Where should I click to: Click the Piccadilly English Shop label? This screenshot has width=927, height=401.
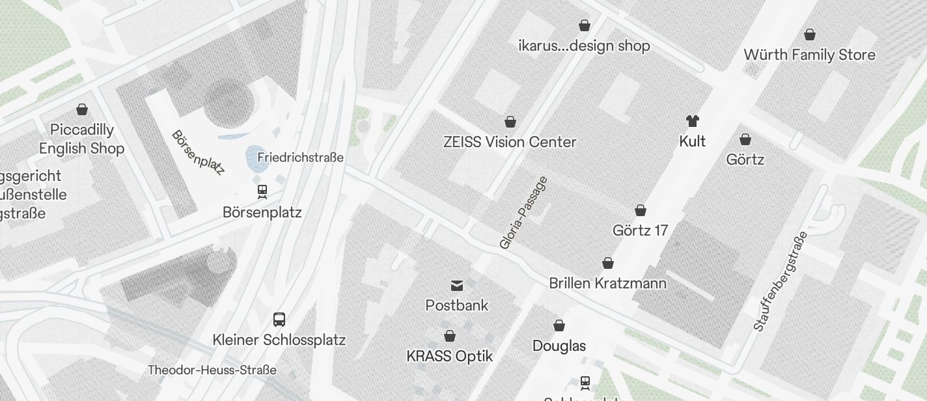[x=81, y=139]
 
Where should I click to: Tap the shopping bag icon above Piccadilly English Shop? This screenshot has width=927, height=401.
[x=82, y=109]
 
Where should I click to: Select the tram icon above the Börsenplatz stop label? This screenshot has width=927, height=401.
[x=262, y=191]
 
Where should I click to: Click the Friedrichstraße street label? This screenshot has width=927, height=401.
[x=300, y=158]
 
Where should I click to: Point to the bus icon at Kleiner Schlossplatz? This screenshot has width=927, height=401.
[x=279, y=320]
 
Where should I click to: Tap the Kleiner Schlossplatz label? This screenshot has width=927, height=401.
[x=279, y=340]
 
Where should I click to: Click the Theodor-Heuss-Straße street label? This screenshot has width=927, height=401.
[x=212, y=370]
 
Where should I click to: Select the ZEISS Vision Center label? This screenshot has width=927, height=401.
[x=510, y=142]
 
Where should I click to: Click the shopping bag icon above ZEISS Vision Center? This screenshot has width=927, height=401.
[x=510, y=122]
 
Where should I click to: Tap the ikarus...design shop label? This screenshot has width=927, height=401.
[x=584, y=46]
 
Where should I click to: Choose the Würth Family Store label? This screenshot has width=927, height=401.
[x=809, y=55]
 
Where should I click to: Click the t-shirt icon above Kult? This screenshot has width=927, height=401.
[x=692, y=121]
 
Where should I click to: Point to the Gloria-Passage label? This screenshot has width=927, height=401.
[x=523, y=213]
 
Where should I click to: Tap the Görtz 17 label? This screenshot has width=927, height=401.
[x=640, y=230]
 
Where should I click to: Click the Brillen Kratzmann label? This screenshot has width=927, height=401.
[x=607, y=283]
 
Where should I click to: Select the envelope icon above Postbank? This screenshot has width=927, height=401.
[x=457, y=285]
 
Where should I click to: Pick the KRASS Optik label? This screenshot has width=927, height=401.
[x=449, y=356]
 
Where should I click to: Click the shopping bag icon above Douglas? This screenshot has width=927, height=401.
[x=559, y=325]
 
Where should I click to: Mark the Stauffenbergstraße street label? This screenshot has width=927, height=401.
[x=780, y=281]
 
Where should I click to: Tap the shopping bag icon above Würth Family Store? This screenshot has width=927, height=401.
[x=810, y=35]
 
